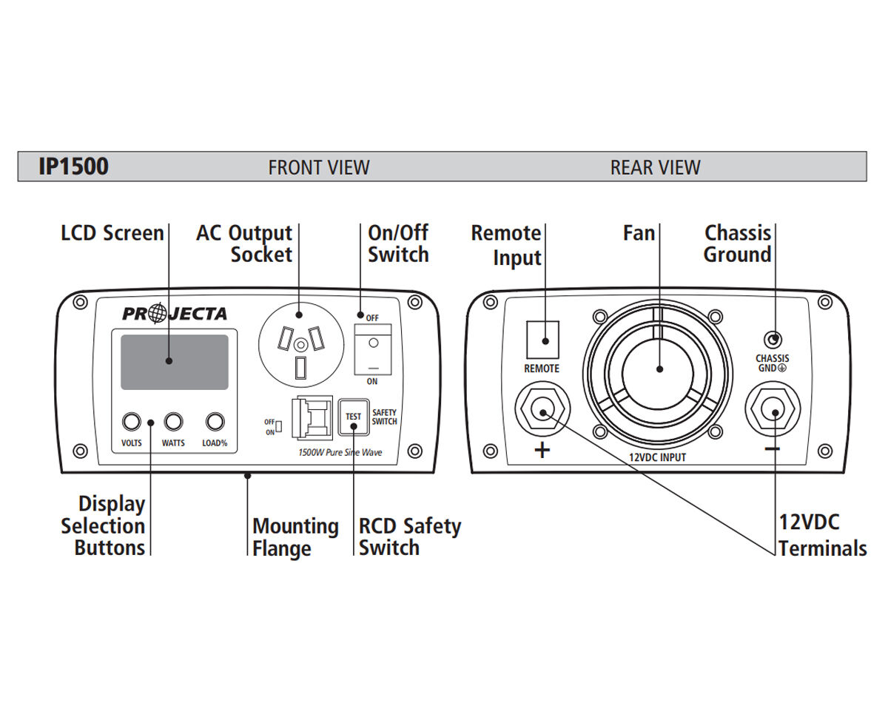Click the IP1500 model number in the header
(x=73, y=166)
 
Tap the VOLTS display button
(x=131, y=422)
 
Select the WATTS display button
(x=173, y=422)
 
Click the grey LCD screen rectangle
(x=174, y=362)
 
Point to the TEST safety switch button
(x=354, y=417)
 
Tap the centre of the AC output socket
(x=300, y=346)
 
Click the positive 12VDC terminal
(x=543, y=411)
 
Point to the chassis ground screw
(x=773, y=340)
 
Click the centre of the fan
(x=658, y=368)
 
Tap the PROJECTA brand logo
(x=175, y=314)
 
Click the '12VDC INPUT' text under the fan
(x=657, y=457)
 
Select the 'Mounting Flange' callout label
(x=295, y=537)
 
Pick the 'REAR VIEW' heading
(x=655, y=167)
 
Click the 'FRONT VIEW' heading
(x=319, y=167)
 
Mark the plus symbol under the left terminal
(x=542, y=450)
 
